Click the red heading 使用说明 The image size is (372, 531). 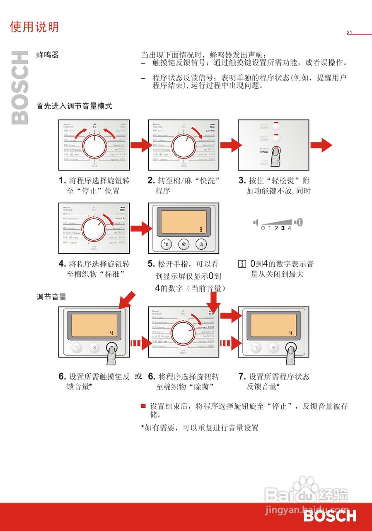click(34, 27)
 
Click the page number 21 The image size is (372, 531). click(349, 33)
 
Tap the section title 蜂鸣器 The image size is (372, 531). click(48, 55)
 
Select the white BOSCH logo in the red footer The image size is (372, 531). click(329, 516)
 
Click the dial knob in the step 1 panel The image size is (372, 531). click(94, 146)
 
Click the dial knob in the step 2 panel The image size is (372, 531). click(184, 146)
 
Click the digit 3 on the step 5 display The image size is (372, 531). click(200, 229)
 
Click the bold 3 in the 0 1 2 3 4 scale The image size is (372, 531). click(283, 228)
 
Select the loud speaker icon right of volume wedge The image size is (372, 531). click(299, 222)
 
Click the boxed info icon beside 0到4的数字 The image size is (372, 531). click(242, 264)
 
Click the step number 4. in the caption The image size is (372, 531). click(62, 264)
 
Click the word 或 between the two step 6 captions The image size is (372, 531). click(138, 376)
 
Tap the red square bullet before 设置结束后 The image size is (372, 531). click(143, 406)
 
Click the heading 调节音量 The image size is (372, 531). click(51, 297)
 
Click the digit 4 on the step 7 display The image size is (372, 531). click(290, 333)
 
